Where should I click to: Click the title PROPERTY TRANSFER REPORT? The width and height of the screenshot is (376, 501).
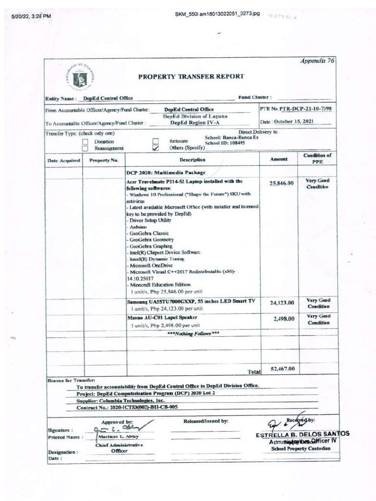[x=190, y=76]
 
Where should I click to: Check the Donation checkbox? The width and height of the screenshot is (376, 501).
[x=85, y=141]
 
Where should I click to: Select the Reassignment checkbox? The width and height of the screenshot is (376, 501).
[x=85, y=148]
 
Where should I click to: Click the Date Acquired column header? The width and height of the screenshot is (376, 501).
[x=63, y=160]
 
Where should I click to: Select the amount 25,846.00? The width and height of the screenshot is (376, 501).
[x=282, y=183]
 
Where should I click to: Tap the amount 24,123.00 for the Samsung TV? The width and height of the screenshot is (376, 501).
[x=282, y=303]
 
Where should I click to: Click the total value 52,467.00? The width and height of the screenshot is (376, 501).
[x=282, y=368]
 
